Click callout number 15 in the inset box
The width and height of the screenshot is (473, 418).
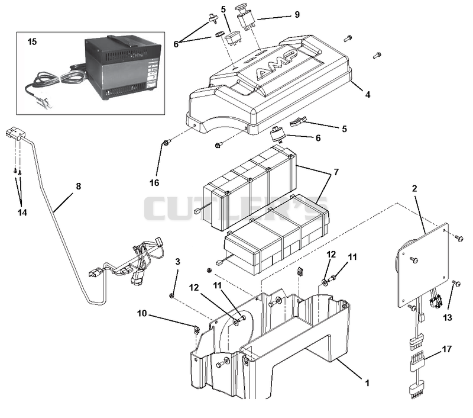pos(32,41)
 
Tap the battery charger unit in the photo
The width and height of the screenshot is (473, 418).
pos(122,68)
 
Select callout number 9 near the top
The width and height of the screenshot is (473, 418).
pos(297,14)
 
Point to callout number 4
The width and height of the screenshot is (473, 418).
pos(367,95)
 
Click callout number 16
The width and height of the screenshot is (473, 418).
pos(154,183)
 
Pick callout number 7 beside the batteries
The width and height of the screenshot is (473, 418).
pos(336,172)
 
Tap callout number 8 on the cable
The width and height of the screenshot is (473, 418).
pos(79,186)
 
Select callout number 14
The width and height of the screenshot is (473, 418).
pos(22,213)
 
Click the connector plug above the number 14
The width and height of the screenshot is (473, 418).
pos(14,134)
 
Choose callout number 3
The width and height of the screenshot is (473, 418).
pos(178,261)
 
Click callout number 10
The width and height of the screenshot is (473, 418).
pos(142,313)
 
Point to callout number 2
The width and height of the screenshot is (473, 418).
pos(414,188)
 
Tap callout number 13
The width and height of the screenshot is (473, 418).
pos(448,317)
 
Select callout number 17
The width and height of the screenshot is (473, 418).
pos(447,349)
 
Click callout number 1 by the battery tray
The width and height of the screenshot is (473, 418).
pos(367,383)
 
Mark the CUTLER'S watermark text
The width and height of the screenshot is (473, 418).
pos(236,208)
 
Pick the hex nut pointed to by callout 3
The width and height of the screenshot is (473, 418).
pos(171,295)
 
